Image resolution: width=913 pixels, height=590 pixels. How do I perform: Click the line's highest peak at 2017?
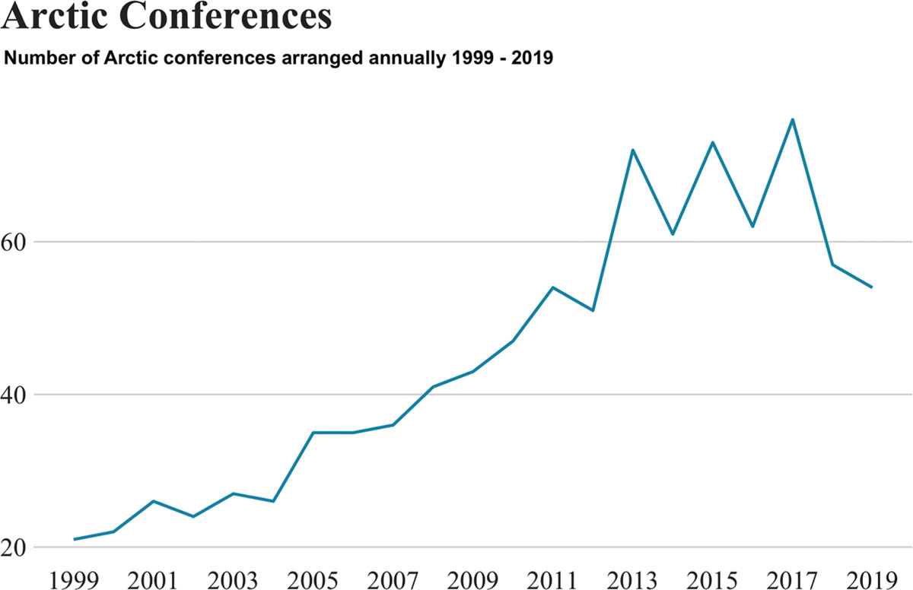click(792, 119)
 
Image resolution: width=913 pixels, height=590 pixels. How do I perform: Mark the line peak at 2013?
click(632, 150)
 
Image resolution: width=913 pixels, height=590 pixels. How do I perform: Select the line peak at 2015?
click(712, 142)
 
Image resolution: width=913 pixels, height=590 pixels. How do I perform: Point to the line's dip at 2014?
click(673, 234)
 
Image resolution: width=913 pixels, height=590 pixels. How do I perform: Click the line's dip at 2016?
click(752, 227)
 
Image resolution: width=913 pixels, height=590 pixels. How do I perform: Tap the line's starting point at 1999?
click(75, 539)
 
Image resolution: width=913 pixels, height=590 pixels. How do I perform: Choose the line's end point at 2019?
click(871, 287)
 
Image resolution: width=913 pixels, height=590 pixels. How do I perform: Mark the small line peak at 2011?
click(552, 287)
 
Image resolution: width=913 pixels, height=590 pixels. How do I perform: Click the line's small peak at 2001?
click(154, 501)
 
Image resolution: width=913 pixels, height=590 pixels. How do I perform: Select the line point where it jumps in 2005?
click(313, 433)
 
